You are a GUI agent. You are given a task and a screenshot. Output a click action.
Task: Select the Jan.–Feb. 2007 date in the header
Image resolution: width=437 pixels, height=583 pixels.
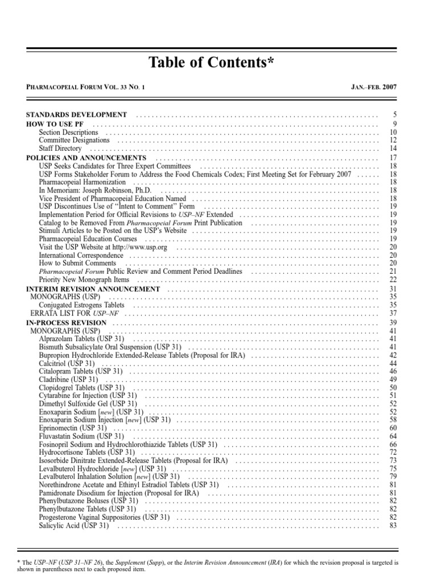[x=374, y=88]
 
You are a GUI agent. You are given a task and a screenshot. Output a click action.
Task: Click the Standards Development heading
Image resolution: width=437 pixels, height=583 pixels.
[x=77, y=115]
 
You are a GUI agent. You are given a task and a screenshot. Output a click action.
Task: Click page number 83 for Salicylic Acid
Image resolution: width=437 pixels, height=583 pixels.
[x=393, y=526]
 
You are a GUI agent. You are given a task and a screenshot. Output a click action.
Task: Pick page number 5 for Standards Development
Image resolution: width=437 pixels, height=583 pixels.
[x=394, y=115]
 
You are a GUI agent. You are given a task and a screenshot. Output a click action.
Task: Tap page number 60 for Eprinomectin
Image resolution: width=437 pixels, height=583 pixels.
[x=393, y=428]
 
